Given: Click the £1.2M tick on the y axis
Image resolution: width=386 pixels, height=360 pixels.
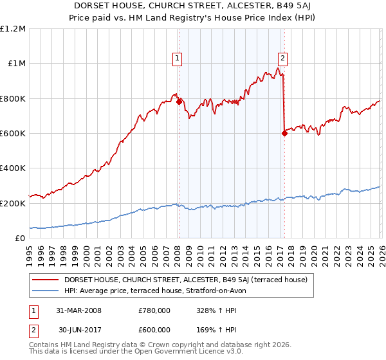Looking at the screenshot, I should tap(13, 29).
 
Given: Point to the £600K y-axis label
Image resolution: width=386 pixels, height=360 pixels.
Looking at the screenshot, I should tap(13, 134).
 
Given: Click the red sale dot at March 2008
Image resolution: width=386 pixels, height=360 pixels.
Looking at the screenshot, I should tap(178, 102).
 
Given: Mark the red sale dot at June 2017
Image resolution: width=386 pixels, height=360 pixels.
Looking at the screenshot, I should tap(284, 133).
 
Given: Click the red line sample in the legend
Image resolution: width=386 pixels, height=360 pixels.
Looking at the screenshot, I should tap(46, 280).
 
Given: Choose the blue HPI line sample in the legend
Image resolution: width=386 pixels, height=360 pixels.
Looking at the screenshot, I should tap(46, 291).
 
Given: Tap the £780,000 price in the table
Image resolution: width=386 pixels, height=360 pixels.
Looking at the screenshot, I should tap(154, 310).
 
